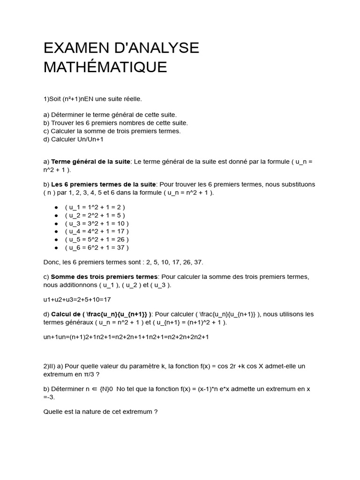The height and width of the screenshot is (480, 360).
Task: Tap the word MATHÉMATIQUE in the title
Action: [x=105, y=67]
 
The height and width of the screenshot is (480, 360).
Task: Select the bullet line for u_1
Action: [x=95, y=207]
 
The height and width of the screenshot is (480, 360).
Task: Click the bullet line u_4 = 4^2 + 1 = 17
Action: [x=97, y=231]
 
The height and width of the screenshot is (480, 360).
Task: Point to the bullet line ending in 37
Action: [x=97, y=247]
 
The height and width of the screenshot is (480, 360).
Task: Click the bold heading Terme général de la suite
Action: [x=90, y=162]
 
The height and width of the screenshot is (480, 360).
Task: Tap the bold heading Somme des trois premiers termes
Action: [x=105, y=277]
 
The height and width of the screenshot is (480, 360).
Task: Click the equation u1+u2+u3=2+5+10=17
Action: [x=77, y=299]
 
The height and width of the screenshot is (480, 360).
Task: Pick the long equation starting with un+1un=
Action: [x=126, y=337]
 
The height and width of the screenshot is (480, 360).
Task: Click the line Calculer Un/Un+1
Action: [x=73, y=139]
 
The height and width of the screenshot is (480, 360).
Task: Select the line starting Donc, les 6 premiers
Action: [x=123, y=262]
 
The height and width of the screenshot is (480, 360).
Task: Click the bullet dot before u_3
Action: [x=56, y=223]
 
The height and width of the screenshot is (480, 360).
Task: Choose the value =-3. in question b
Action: [x=49, y=397]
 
